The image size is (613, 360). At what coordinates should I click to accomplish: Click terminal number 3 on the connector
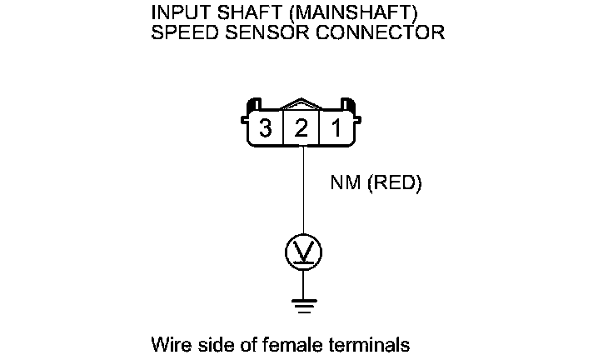click(x=266, y=128)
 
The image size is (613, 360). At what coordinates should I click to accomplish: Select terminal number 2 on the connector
click(x=302, y=128)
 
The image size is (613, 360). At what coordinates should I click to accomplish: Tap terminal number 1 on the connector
click(x=337, y=128)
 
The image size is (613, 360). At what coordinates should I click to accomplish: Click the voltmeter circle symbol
click(x=303, y=252)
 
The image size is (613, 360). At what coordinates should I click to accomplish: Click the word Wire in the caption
click(x=168, y=343)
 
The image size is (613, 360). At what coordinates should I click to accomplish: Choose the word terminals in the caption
click(x=371, y=343)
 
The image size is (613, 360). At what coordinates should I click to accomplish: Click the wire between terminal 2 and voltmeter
click(x=303, y=192)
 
